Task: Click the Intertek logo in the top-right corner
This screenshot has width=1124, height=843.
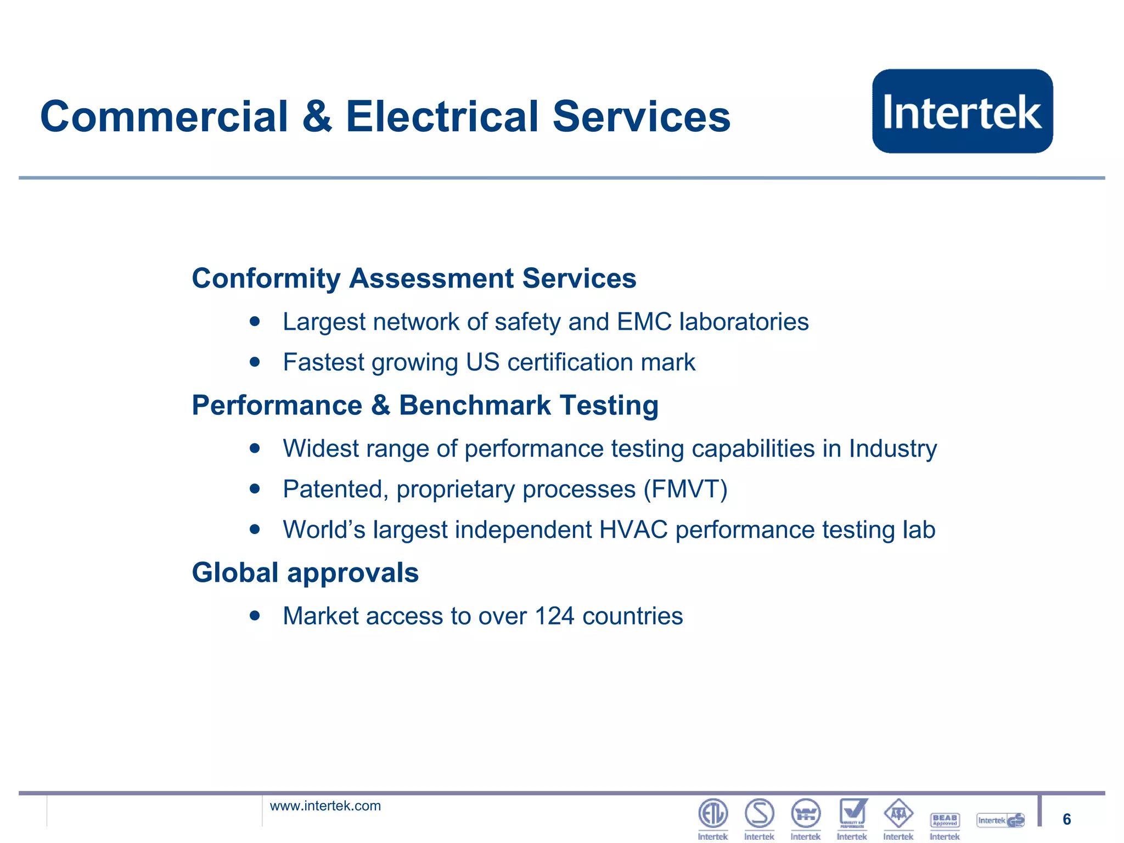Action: click(962, 111)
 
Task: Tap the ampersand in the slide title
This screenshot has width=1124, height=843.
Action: click(317, 117)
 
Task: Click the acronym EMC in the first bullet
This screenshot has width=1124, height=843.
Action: click(644, 322)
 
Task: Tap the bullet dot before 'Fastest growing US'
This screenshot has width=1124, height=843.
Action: click(254, 362)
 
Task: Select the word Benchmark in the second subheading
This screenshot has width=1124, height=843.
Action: click(474, 406)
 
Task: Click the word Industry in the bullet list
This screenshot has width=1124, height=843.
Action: click(892, 449)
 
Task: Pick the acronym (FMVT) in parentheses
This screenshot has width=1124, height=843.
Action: click(685, 489)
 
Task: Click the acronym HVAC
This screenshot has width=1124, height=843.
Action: click(633, 530)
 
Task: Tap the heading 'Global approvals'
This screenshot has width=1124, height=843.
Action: click(305, 573)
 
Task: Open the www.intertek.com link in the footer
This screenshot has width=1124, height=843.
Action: click(325, 806)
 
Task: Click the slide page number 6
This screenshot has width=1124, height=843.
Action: click(1066, 819)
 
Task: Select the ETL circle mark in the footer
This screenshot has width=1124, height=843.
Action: click(713, 813)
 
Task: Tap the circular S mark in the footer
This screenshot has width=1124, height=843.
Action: click(760, 813)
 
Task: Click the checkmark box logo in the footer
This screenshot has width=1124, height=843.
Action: click(852, 813)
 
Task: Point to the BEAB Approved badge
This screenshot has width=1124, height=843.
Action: click(945, 820)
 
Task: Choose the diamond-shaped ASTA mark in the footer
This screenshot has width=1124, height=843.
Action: click(898, 813)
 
